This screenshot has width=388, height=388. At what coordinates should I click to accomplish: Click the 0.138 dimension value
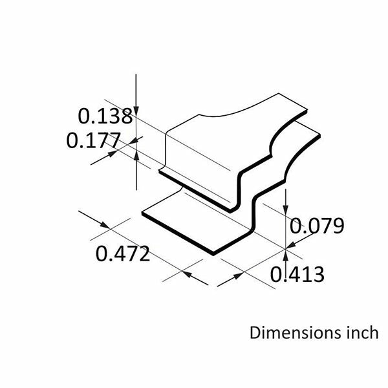105,116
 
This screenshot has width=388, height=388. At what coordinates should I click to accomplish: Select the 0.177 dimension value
94,140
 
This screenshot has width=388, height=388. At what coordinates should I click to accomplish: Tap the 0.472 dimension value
123,253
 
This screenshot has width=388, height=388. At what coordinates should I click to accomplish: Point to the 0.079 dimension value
317,226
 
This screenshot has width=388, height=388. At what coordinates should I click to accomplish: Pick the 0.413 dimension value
297,274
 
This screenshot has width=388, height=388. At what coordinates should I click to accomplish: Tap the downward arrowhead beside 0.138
136,111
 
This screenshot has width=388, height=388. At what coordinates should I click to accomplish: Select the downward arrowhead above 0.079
286,210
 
